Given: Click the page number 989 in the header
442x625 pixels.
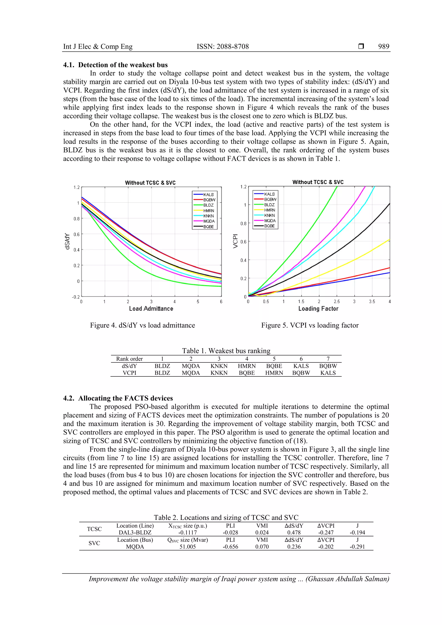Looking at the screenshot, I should (384, 47).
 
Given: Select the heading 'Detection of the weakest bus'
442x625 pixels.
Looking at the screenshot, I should (123, 65).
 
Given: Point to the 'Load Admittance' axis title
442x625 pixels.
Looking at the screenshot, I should (151, 309).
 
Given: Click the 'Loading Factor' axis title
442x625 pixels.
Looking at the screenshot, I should (318, 309).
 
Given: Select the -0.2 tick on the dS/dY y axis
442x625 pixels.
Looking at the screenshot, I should (76, 297).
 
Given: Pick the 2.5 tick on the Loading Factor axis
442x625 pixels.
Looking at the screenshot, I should (337, 302).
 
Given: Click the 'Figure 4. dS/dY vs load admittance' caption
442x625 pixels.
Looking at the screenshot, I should (142, 325).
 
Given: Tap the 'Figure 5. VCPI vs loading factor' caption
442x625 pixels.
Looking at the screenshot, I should (310, 325).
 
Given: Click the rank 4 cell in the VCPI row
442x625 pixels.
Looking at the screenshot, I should (247, 373).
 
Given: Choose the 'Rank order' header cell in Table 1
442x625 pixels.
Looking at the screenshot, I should (129, 359).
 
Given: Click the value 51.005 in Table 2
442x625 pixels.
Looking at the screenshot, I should (187, 547).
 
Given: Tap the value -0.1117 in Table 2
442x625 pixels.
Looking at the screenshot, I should (187, 532).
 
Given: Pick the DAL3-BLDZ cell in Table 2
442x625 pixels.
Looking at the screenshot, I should (135, 532).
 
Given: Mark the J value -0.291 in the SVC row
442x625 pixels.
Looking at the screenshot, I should (357, 547).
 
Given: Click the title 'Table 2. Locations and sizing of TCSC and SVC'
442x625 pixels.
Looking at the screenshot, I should (226, 518).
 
